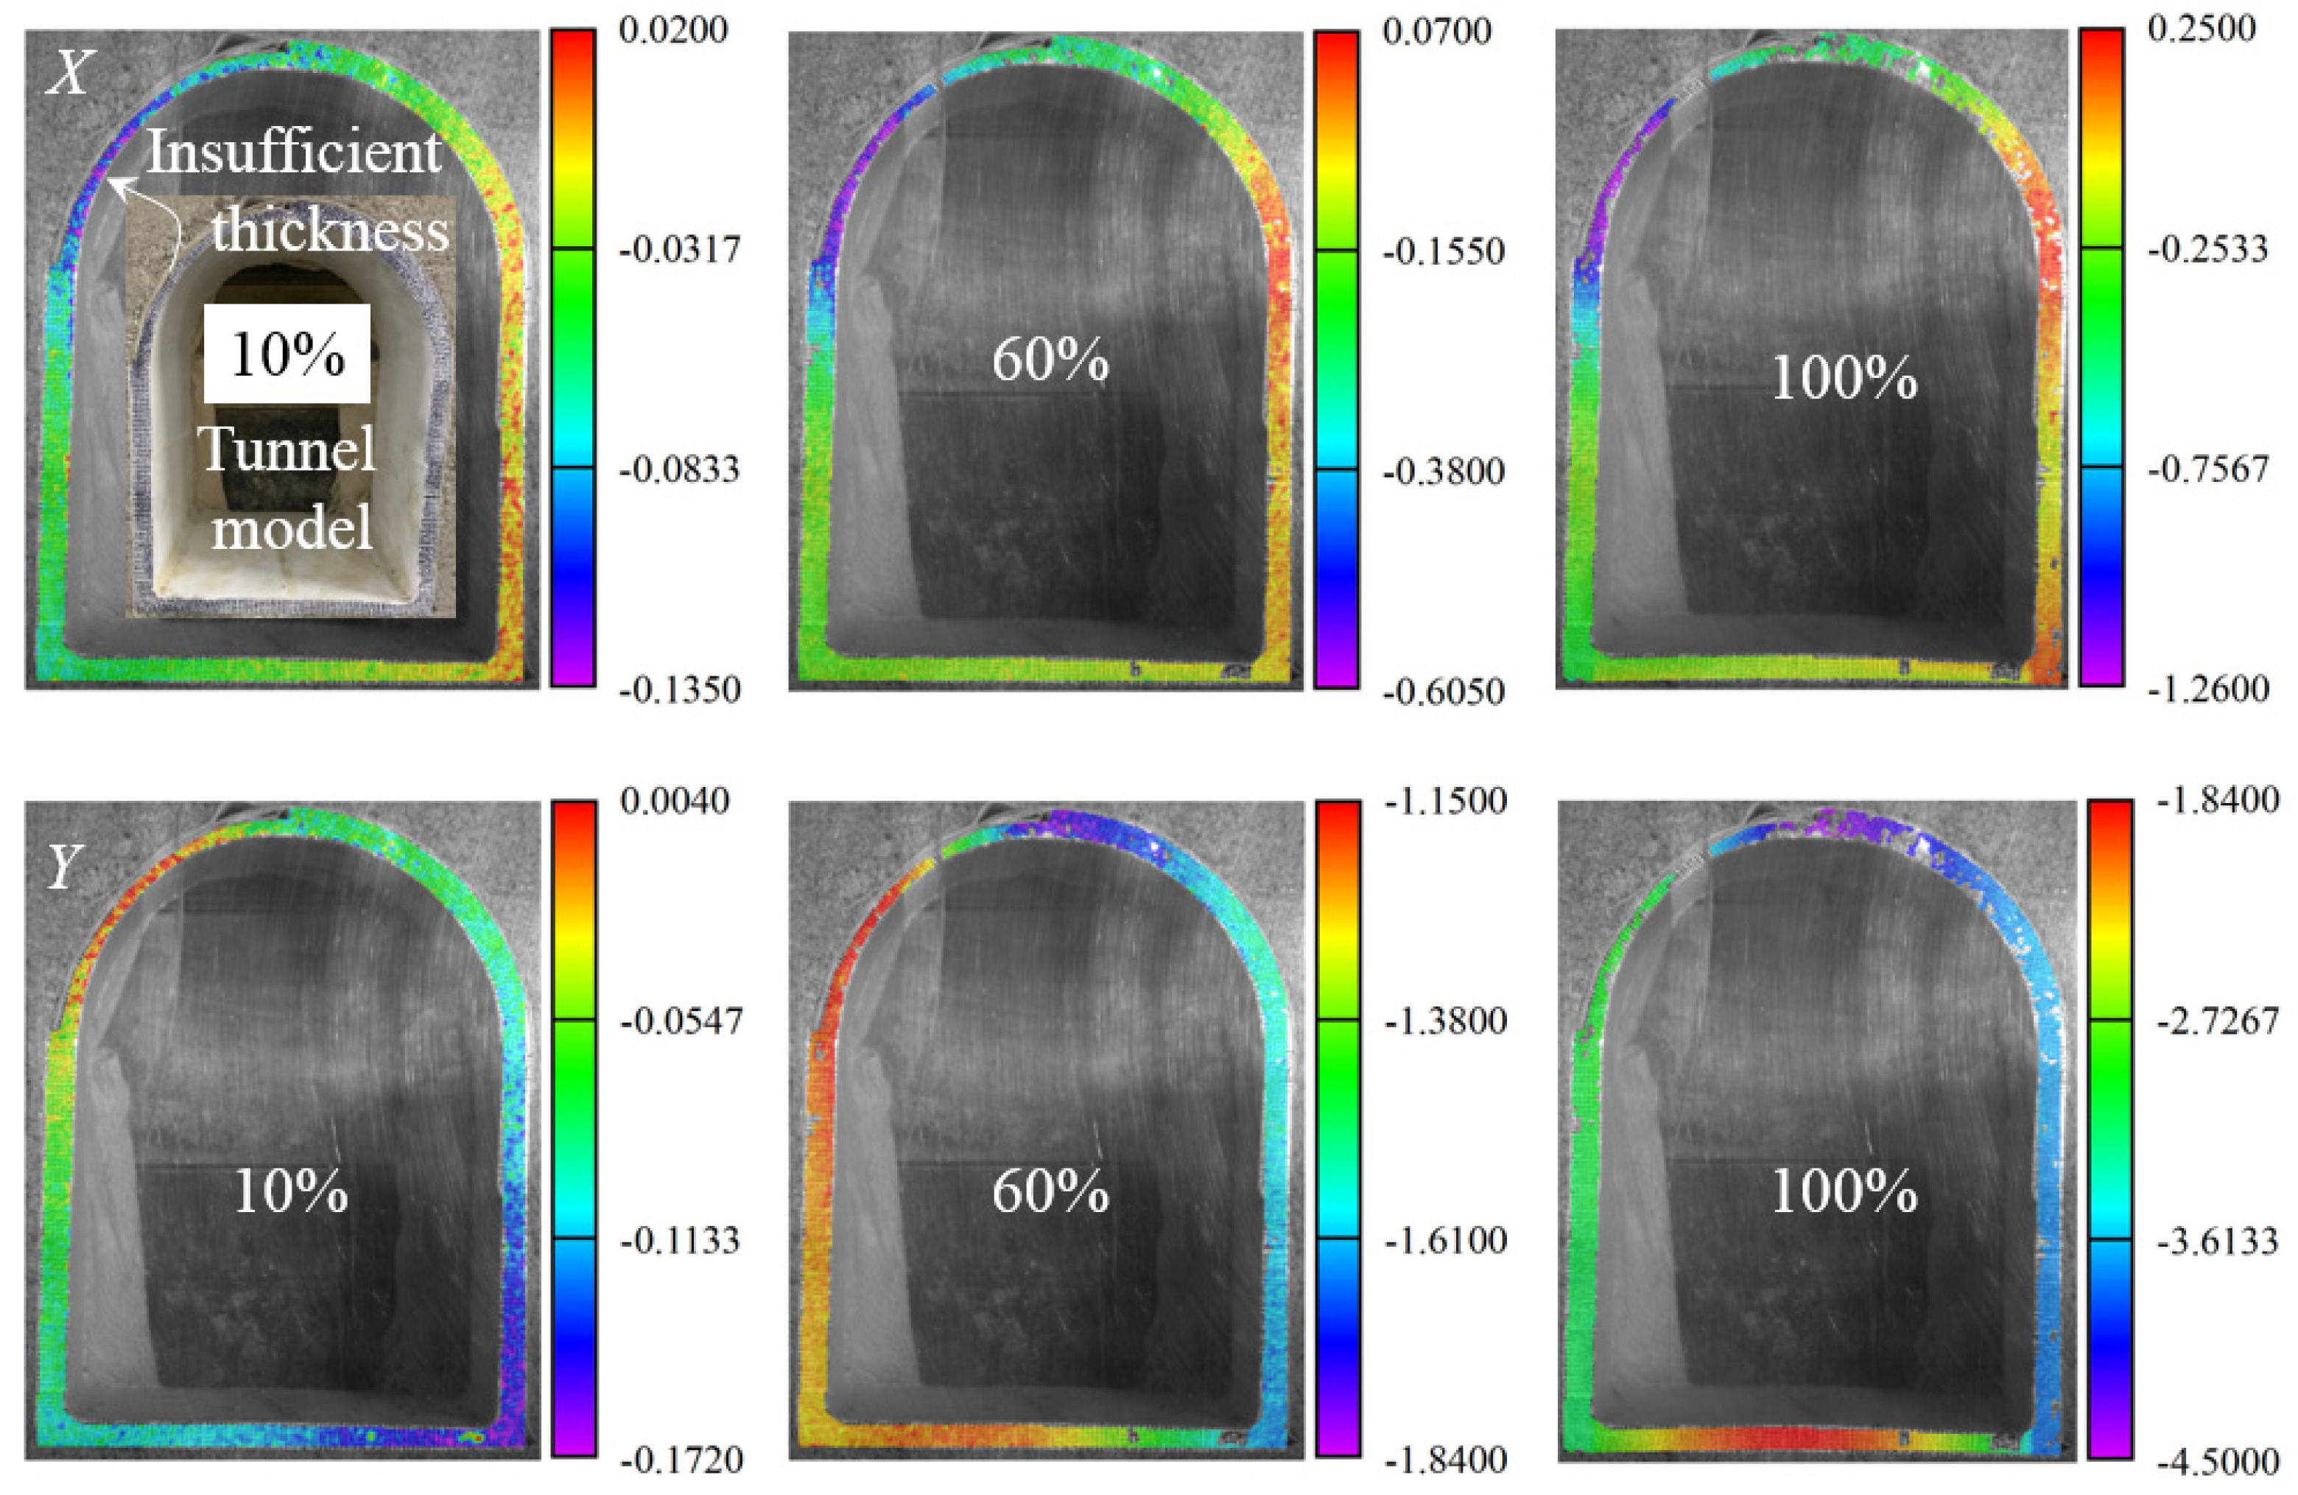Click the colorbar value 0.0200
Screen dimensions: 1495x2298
tap(673, 30)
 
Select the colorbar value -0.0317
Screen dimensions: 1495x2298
tap(681, 250)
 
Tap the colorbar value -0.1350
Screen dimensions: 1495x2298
tap(681, 690)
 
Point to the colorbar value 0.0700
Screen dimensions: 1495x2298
tap(1437, 31)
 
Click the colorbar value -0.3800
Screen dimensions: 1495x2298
tap(1444, 472)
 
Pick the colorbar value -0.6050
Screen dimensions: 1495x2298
tap(1444, 691)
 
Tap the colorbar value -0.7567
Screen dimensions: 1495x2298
tap(2208, 470)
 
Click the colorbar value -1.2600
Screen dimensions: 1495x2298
tap(2208, 690)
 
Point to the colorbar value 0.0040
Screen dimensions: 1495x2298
tap(674, 801)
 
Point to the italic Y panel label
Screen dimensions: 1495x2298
tap(63, 867)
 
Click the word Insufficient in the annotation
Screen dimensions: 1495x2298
tap(294, 153)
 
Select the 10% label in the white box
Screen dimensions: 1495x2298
tap(287, 354)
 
